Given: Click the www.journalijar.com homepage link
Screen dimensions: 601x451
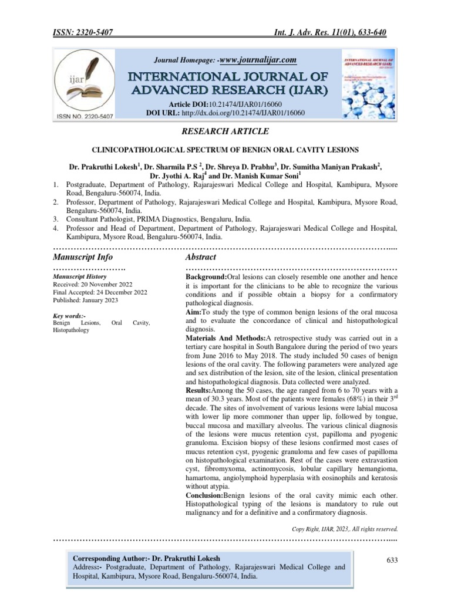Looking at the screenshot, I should [257, 59].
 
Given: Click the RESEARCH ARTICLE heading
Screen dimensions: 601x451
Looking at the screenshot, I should [225, 131].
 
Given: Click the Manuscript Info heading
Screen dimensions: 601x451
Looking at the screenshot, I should [83, 257].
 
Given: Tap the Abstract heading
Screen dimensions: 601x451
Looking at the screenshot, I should [201, 257].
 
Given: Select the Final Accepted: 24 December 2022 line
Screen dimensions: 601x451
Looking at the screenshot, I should [100, 292].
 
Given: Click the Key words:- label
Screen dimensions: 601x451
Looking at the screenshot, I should [69, 315].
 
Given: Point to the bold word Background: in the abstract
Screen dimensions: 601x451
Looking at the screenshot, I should [209, 276].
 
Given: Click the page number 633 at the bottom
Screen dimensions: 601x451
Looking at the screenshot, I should [391, 561].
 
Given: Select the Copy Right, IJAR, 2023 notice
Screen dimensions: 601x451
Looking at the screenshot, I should [345, 528].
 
